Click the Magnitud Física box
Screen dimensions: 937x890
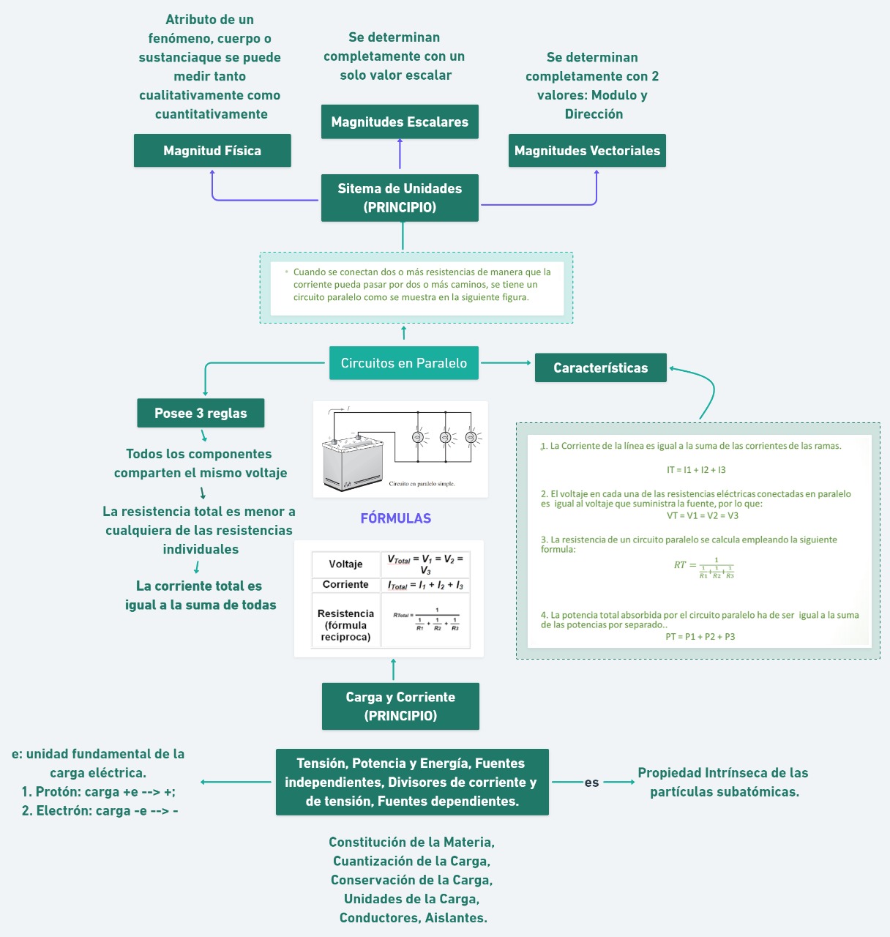212,151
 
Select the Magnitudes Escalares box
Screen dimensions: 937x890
400,122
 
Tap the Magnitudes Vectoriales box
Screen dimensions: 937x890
587,151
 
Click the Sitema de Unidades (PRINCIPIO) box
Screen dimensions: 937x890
400,198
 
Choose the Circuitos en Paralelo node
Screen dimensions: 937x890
404,363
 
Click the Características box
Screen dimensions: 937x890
600,368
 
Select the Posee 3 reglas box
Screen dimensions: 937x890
201,414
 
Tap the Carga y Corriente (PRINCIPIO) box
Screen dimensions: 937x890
400,706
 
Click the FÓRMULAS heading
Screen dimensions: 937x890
395,518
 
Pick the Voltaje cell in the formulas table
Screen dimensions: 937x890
345,564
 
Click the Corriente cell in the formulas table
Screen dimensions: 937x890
345,585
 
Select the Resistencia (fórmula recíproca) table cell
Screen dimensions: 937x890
345,625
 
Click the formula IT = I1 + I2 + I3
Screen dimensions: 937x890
696,470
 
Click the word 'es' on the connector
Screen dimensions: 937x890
591,783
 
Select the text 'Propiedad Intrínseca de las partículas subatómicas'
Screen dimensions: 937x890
723,783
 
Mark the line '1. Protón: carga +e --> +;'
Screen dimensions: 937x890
98,792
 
